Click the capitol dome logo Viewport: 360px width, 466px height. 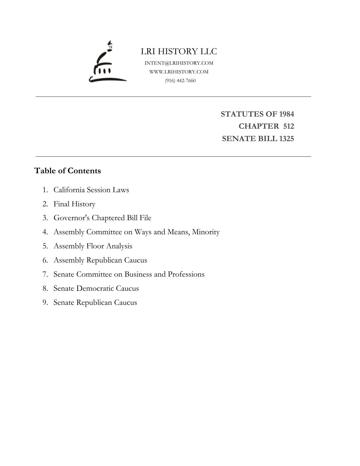click(107, 63)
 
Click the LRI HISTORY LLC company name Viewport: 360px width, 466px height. click(179, 51)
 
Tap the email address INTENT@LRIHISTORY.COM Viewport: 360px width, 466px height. click(179, 63)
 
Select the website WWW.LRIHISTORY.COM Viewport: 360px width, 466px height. click(179, 72)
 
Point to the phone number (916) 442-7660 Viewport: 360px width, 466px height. click(180, 80)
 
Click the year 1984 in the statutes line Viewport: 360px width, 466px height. click(286, 114)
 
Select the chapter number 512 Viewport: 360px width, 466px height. click(288, 126)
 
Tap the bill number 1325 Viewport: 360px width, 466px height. click(286, 139)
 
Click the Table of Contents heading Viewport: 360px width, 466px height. click(67, 171)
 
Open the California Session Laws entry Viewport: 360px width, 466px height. click(91, 190)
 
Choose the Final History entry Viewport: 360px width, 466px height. click(74, 204)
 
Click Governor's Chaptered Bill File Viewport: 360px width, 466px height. click(102, 218)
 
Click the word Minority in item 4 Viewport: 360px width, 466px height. click(206, 232)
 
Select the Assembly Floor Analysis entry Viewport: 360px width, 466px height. click(93, 246)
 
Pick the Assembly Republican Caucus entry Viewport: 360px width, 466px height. click(100, 260)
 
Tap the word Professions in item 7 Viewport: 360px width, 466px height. click(186, 274)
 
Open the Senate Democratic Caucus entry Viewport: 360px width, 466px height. click(96, 288)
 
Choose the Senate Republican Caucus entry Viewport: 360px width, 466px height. click(95, 303)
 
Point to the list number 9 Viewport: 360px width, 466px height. click(45, 303)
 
